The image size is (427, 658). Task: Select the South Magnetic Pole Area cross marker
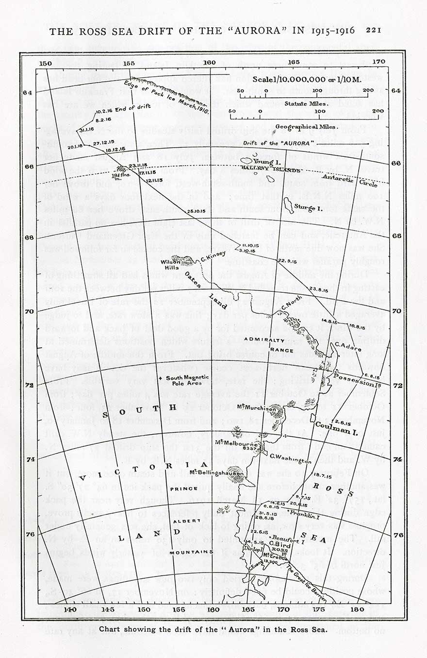click(x=166, y=378)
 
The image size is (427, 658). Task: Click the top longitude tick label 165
click(x=293, y=63)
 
